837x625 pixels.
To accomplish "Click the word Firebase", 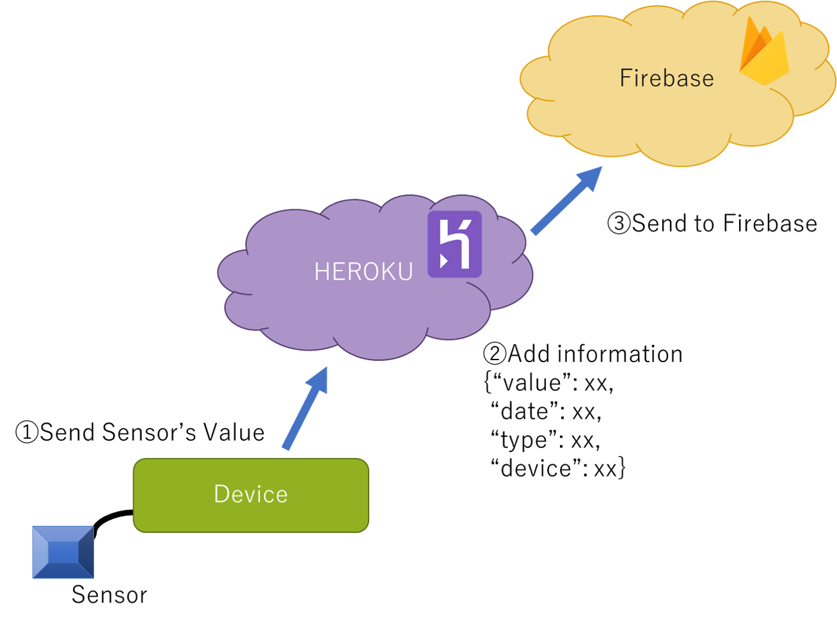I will point(666,78).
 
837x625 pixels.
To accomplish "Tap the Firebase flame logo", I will point(764,52).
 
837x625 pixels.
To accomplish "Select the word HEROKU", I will point(363,272).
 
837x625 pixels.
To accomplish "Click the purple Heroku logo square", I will point(454,244).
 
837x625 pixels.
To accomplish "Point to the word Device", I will point(250,494).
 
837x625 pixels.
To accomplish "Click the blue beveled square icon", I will point(63,552).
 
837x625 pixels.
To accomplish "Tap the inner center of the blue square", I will point(63,552).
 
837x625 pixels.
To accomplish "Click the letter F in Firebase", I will point(625,78).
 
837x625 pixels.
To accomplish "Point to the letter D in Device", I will point(221,494).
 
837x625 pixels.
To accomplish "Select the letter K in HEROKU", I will point(389,272).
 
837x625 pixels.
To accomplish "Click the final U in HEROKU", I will point(405,272).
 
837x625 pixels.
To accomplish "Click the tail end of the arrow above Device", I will point(285,447).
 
